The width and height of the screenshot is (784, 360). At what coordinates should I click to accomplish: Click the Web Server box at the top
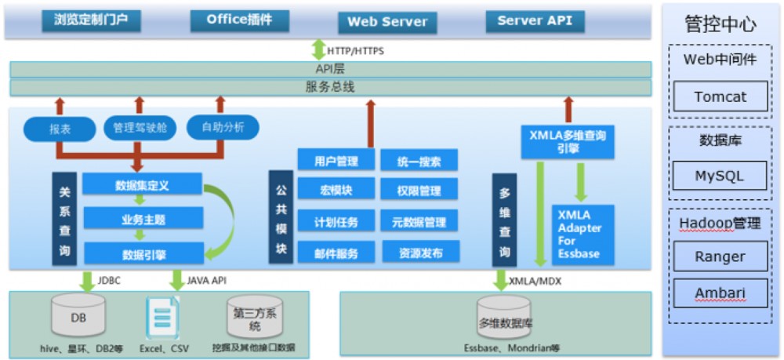click(x=387, y=22)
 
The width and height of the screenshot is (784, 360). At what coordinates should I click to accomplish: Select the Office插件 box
click(x=239, y=20)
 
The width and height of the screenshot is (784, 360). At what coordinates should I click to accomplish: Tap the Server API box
click(x=535, y=21)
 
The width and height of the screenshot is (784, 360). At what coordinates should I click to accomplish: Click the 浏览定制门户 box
click(x=92, y=20)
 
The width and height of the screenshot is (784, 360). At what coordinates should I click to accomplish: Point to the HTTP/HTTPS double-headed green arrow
click(x=318, y=50)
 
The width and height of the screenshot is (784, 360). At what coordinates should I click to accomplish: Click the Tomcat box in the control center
click(x=720, y=97)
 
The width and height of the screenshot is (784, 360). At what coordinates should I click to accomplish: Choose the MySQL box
click(x=720, y=176)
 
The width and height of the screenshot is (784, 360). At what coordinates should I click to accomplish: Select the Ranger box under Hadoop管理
click(x=720, y=256)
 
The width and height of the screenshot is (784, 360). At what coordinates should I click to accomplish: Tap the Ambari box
click(x=720, y=294)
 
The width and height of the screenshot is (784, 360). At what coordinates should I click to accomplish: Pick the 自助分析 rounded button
click(x=223, y=127)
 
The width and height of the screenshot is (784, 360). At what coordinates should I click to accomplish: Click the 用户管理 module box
click(x=336, y=162)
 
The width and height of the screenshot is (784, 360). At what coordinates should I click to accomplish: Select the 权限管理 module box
click(x=419, y=191)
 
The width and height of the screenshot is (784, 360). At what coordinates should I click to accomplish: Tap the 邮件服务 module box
click(x=336, y=253)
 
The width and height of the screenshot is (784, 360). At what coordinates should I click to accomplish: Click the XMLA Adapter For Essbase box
click(x=583, y=234)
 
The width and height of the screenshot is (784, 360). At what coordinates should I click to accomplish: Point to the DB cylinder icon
click(x=78, y=316)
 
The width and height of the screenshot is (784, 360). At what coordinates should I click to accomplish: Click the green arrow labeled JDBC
click(x=87, y=280)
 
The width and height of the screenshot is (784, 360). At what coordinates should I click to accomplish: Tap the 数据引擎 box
click(x=143, y=253)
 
